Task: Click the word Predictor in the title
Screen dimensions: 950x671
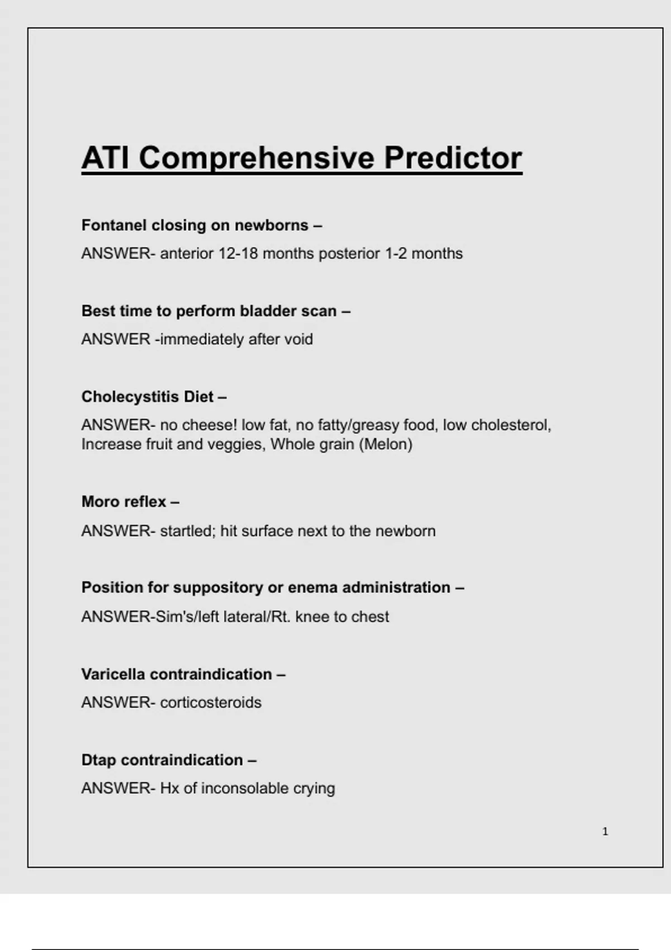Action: (x=453, y=158)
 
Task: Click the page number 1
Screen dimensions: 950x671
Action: (x=605, y=832)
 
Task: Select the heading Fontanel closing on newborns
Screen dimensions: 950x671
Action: (x=201, y=225)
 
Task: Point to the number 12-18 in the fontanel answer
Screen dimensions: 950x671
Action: (x=238, y=254)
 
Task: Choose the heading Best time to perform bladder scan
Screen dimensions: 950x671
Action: (x=215, y=311)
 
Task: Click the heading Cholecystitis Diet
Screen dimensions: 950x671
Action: (x=154, y=397)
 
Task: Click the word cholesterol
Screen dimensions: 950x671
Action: (x=511, y=425)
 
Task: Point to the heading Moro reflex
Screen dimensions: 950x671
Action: (x=130, y=501)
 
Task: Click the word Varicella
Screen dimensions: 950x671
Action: (x=114, y=674)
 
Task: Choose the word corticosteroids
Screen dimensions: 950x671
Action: (x=211, y=702)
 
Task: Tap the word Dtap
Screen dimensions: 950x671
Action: (x=99, y=760)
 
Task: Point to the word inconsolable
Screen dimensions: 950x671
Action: (x=237, y=788)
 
